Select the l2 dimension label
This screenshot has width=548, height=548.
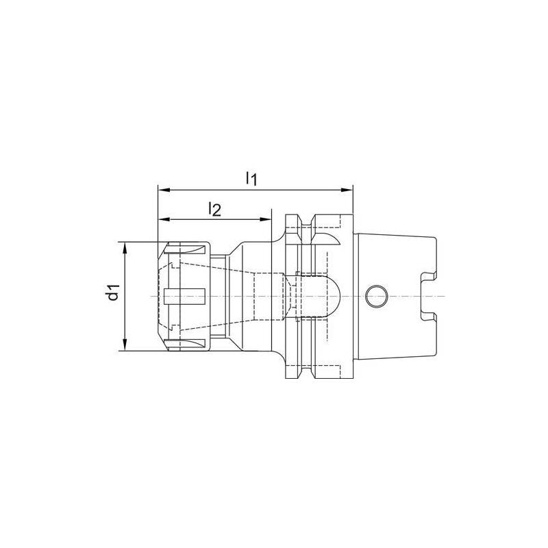pos(214,210)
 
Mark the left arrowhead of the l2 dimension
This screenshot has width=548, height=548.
pos(163,220)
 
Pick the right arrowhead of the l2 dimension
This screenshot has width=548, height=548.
pos(268,220)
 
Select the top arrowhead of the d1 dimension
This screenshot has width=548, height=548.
pos(125,246)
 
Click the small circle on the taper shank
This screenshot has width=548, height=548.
pos(375,296)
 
